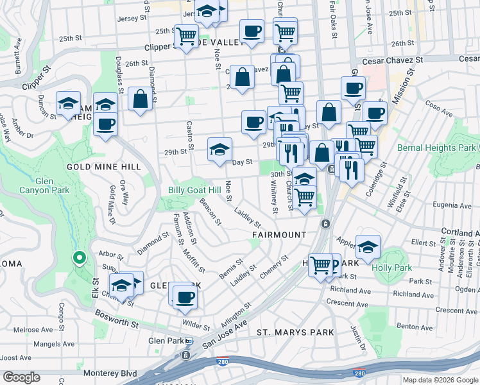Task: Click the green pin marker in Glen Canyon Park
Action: [x=79, y=259]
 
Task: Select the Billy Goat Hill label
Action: [x=194, y=190]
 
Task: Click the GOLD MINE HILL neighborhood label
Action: [x=103, y=167]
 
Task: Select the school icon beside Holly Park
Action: [x=368, y=247]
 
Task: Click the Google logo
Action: [x=22, y=377]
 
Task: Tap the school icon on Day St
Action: [x=219, y=150]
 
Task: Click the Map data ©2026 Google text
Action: [x=438, y=380]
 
